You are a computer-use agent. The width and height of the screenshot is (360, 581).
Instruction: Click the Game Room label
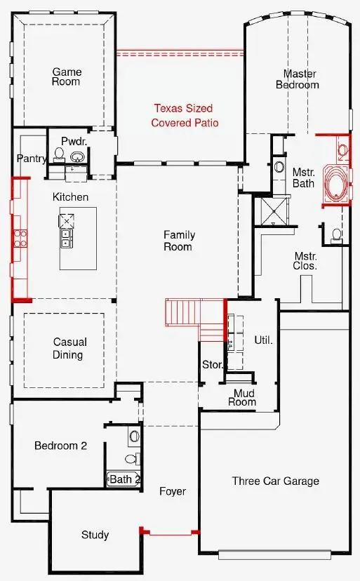coord(67,76)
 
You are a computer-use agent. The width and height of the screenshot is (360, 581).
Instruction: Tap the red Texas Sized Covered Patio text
coord(185,116)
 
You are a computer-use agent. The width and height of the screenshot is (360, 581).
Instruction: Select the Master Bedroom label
coord(298,79)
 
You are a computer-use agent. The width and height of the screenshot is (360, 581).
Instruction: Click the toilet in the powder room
coord(59,155)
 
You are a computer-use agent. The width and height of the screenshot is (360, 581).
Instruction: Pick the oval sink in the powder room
coord(77,156)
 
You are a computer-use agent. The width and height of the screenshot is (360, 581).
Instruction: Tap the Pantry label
coord(32,159)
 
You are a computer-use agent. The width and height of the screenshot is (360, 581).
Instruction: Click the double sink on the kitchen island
coord(67,239)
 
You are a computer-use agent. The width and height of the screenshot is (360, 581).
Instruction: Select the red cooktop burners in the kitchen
coord(20,239)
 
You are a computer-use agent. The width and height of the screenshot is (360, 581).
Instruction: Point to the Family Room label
coord(180,241)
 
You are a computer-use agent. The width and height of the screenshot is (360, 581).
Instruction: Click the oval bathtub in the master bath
coord(336,182)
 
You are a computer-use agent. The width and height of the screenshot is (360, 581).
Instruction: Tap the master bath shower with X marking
coord(274,211)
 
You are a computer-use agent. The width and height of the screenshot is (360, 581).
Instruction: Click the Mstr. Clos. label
coord(305,261)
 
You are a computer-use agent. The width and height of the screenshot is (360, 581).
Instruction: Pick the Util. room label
coord(263,340)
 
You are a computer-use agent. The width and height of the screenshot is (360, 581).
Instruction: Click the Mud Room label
coord(243,398)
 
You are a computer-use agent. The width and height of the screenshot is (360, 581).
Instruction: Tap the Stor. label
coord(213,365)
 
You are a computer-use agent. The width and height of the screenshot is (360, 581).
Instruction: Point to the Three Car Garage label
coord(276,481)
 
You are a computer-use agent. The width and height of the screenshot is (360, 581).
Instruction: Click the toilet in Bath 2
coord(133,459)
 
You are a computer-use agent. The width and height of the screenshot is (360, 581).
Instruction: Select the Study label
coord(95,535)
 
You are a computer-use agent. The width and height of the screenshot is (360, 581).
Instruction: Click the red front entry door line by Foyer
coord(171,533)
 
